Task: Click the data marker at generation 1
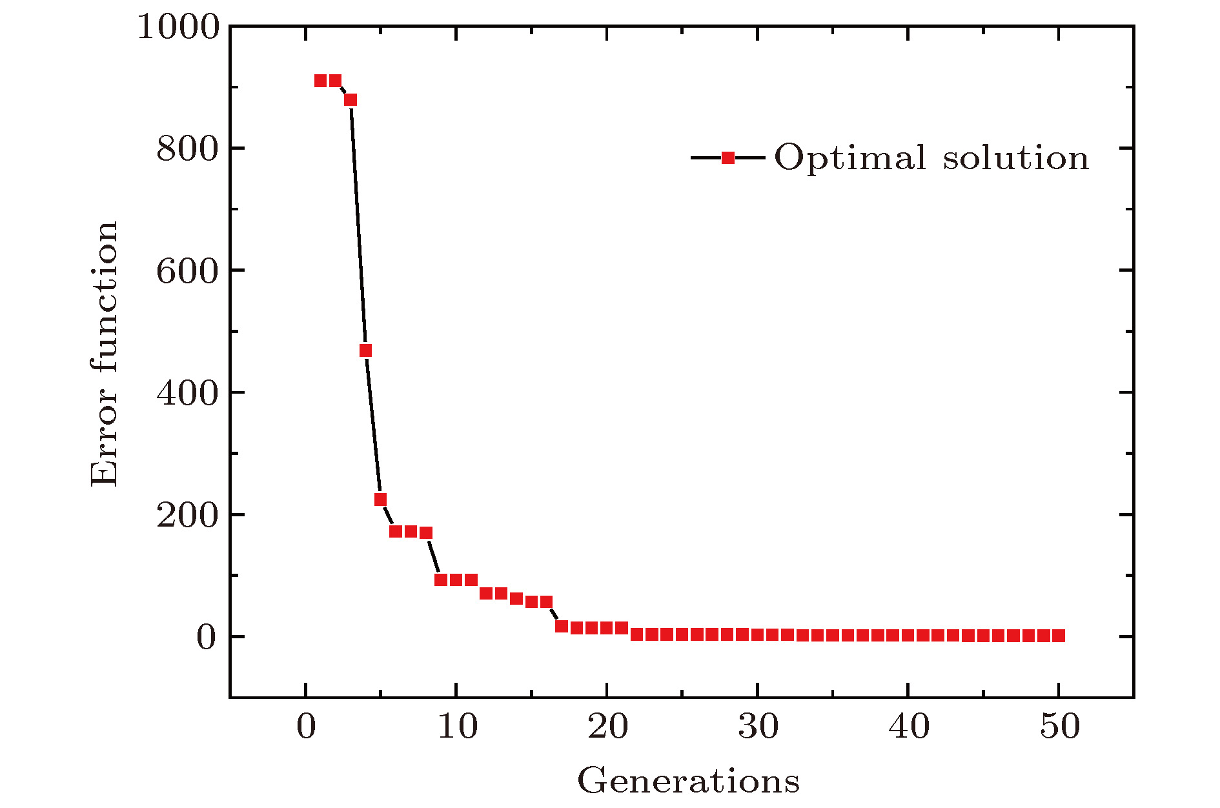click(x=320, y=81)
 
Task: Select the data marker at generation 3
click(x=351, y=100)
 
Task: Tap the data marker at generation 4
click(x=365, y=350)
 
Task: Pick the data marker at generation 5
click(x=380, y=500)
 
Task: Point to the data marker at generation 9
click(x=441, y=580)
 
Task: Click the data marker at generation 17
click(x=562, y=626)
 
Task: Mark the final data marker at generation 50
click(x=1059, y=636)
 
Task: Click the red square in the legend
click(x=727, y=158)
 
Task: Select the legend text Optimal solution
click(x=931, y=158)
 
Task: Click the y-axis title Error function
click(x=105, y=354)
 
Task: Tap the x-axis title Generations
click(x=688, y=781)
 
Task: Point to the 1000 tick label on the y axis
click(x=179, y=28)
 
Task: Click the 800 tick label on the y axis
click(x=188, y=149)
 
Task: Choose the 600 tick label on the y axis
click(x=188, y=271)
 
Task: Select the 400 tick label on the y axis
click(x=188, y=393)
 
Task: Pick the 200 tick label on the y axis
click(x=188, y=515)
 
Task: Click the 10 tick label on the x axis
click(x=457, y=727)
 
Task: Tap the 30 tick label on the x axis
click(x=758, y=727)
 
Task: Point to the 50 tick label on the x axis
click(x=1059, y=727)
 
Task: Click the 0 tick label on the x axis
click(x=306, y=727)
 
